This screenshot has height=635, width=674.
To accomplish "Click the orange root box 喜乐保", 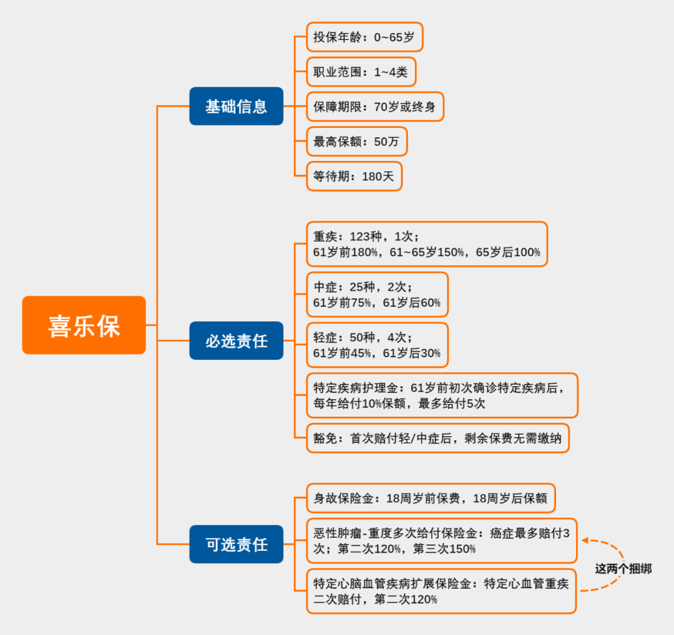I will [x=84, y=325].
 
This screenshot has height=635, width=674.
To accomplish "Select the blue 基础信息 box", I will [x=237, y=106].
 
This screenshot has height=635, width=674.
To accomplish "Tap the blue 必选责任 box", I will [x=237, y=341].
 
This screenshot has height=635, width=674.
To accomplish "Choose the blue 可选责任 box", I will [x=237, y=544].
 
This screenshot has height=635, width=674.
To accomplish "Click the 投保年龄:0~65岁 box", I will [x=364, y=37].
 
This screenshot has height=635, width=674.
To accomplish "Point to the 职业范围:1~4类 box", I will [x=361, y=72].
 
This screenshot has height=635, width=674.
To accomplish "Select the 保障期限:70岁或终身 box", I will [x=374, y=107].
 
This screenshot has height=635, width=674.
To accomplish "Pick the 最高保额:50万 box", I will [x=356, y=142].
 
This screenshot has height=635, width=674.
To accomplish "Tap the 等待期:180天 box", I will [x=354, y=177].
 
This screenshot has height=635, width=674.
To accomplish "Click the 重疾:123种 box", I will [x=427, y=244].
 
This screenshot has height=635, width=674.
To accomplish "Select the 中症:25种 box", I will [x=377, y=294].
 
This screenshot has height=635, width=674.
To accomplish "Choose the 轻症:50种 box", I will [x=377, y=345].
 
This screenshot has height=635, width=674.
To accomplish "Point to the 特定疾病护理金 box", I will [x=442, y=395].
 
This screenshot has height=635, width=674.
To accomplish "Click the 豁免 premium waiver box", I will [x=437, y=439].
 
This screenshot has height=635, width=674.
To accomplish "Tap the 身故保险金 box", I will [x=431, y=499].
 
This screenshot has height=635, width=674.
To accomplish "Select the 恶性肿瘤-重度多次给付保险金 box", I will [x=442, y=540].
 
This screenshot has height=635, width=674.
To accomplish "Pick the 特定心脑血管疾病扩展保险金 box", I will [x=442, y=591].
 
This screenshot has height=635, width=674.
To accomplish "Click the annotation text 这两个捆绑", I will [x=623, y=569].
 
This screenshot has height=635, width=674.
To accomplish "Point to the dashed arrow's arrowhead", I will [x=586, y=541].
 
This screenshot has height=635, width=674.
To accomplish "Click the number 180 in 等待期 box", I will [x=372, y=177].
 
